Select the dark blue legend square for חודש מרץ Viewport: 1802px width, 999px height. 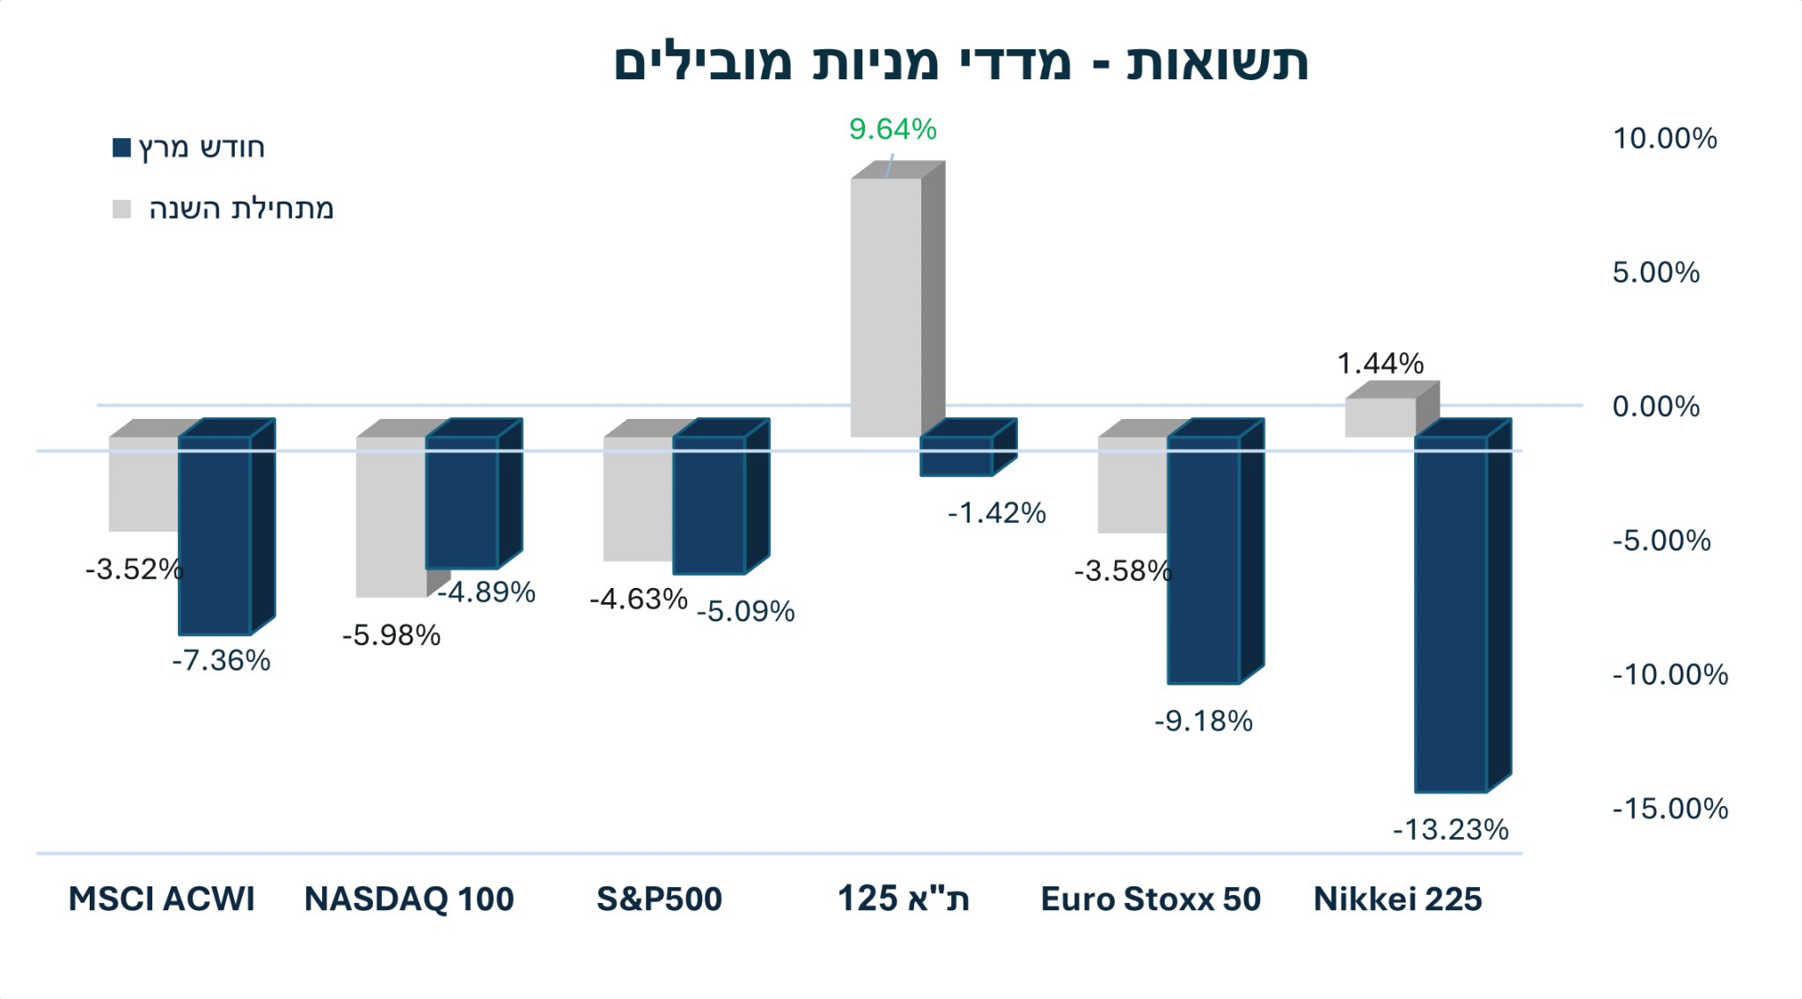tap(121, 147)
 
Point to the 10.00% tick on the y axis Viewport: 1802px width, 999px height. tap(1664, 139)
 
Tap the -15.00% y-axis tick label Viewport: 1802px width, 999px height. tap(1669, 809)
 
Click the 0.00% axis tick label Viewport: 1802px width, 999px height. tap(1655, 407)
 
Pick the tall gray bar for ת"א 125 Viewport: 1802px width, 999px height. tap(885, 307)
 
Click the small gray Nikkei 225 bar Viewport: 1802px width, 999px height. tap(1380, 417)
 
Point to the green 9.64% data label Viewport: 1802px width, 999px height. tap(892, 129)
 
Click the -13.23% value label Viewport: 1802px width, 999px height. tap(1450, 829)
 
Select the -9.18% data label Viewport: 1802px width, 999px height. tap(1203, 722)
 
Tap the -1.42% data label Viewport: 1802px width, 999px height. tap(996, 513)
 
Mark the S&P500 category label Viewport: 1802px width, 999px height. tap(659, 899)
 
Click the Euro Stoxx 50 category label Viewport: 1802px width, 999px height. tap(1150, 899)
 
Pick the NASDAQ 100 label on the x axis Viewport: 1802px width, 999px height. tap(409, 899)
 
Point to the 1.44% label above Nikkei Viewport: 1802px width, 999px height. tap(1380, 364)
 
